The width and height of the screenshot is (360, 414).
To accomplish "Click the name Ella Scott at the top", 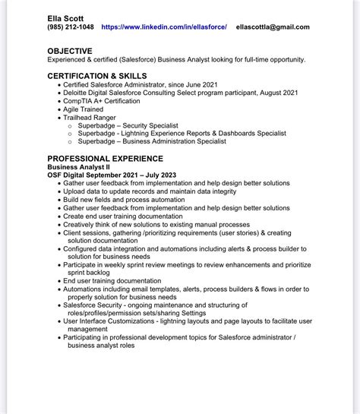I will click(65, 16).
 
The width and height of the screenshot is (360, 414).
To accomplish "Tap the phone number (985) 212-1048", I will click(71, 27).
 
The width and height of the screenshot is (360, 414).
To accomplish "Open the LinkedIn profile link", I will click(164, 27).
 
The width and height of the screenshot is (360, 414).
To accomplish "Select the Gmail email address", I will click(273, 27).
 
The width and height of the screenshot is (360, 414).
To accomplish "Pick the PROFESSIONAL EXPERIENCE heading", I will click(105, 158).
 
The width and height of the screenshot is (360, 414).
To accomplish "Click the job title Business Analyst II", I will click(85, 166).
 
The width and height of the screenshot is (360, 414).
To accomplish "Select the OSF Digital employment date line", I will click(112, 175).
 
